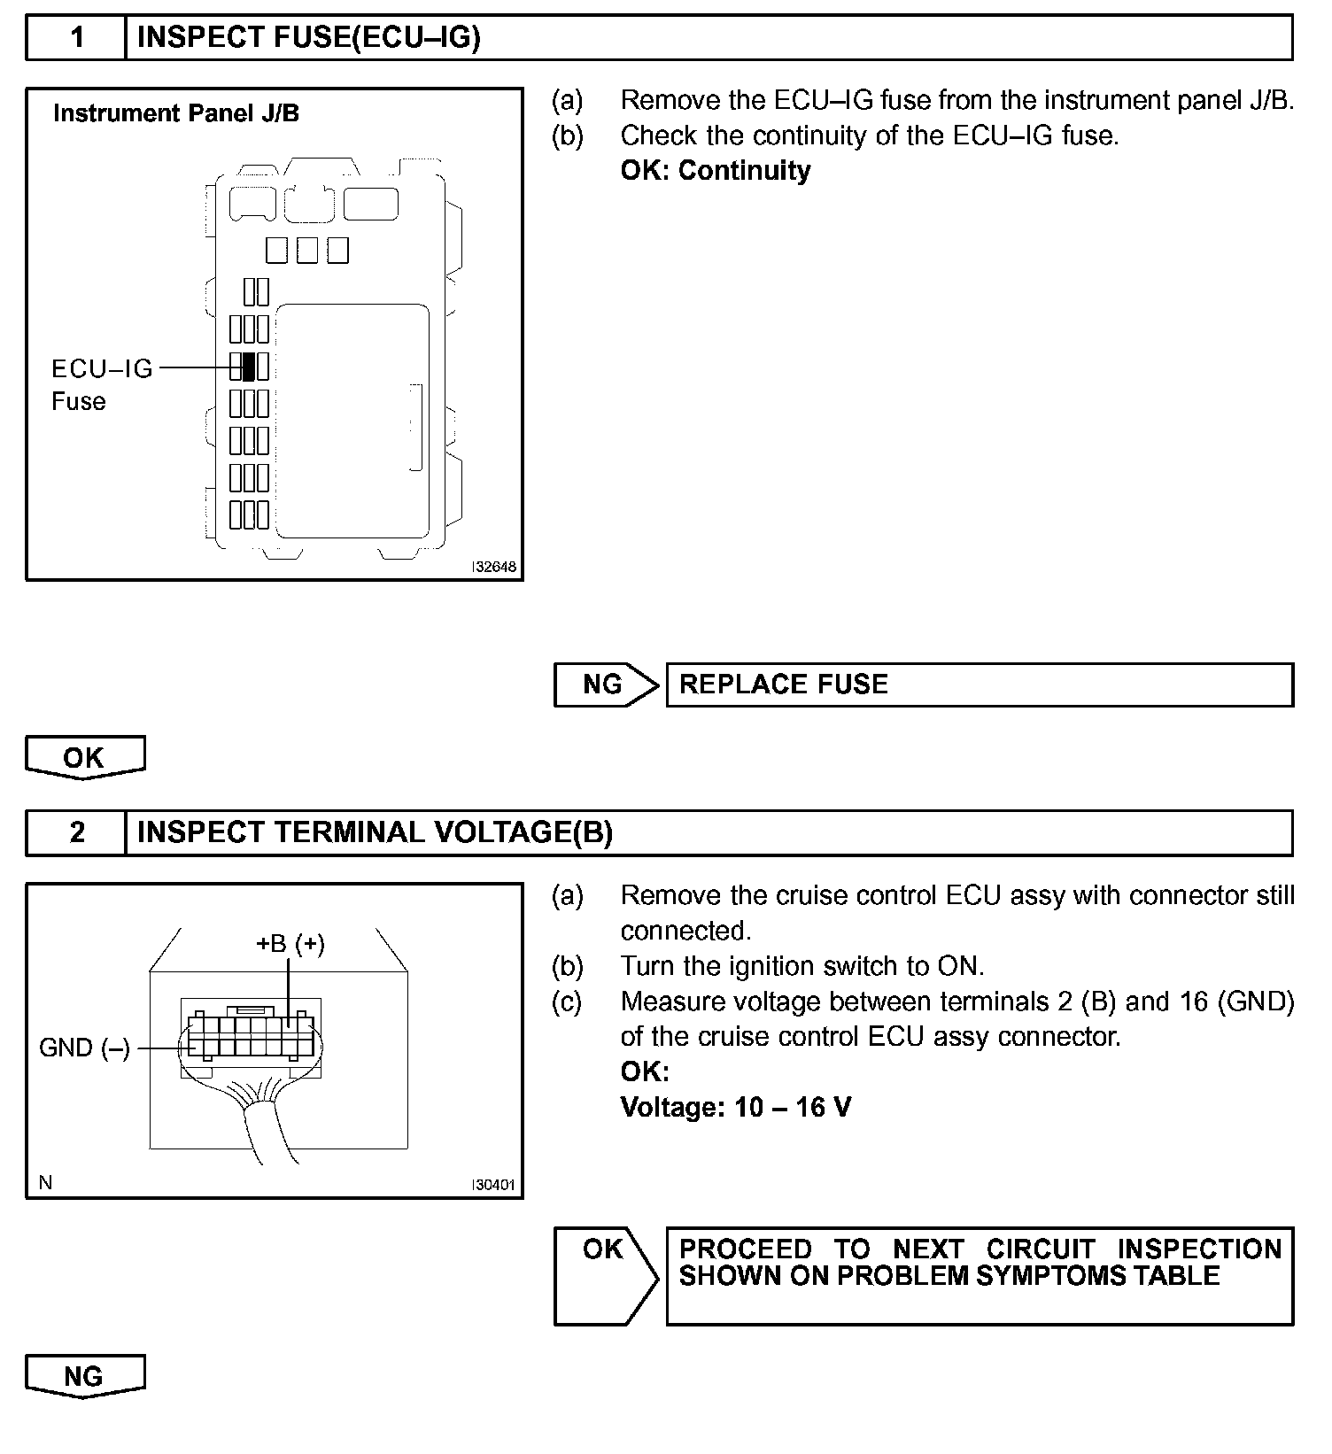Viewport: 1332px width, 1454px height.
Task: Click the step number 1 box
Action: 76,37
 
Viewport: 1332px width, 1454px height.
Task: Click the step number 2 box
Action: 76,832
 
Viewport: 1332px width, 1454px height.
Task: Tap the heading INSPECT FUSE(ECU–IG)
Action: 309,37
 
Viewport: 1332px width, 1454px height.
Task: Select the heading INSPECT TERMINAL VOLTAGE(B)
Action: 375,832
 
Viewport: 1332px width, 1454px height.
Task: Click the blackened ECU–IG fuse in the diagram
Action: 249,366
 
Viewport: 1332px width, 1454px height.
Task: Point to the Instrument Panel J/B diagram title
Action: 176,113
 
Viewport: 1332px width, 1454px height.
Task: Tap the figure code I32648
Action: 494,567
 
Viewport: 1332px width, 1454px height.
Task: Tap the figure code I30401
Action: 494,1185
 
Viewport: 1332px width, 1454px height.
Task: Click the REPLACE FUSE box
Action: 979,684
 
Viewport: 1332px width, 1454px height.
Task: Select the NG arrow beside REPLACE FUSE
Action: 606,684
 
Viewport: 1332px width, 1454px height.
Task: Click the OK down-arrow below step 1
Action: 84,758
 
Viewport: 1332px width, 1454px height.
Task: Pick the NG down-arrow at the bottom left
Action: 84,1376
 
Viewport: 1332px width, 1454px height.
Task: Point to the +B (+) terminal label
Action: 290,944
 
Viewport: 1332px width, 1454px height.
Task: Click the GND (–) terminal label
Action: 85,1048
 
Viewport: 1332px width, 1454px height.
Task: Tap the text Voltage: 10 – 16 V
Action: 736,1107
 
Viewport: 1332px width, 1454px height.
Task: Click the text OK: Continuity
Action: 716,170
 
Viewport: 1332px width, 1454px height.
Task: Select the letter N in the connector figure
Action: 46,1183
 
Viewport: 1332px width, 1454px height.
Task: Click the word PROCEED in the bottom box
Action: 745,1249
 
